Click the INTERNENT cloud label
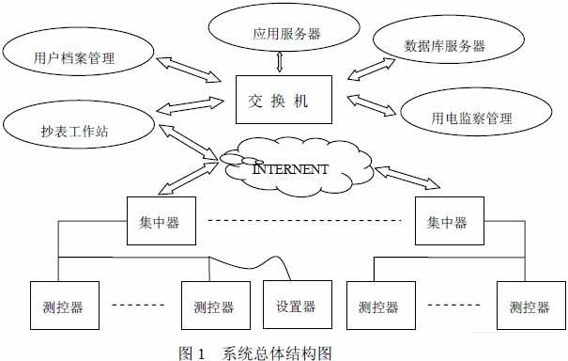pyautogui.click(x=291, y=169)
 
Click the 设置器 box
pyautogui.click(x=296, y=306)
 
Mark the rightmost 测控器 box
pyautogui.click(x=529, y=306)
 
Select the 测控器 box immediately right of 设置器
pyautogui.click(x=378, y=306)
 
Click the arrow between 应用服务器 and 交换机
pyautogui.click(x=280, y=63)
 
